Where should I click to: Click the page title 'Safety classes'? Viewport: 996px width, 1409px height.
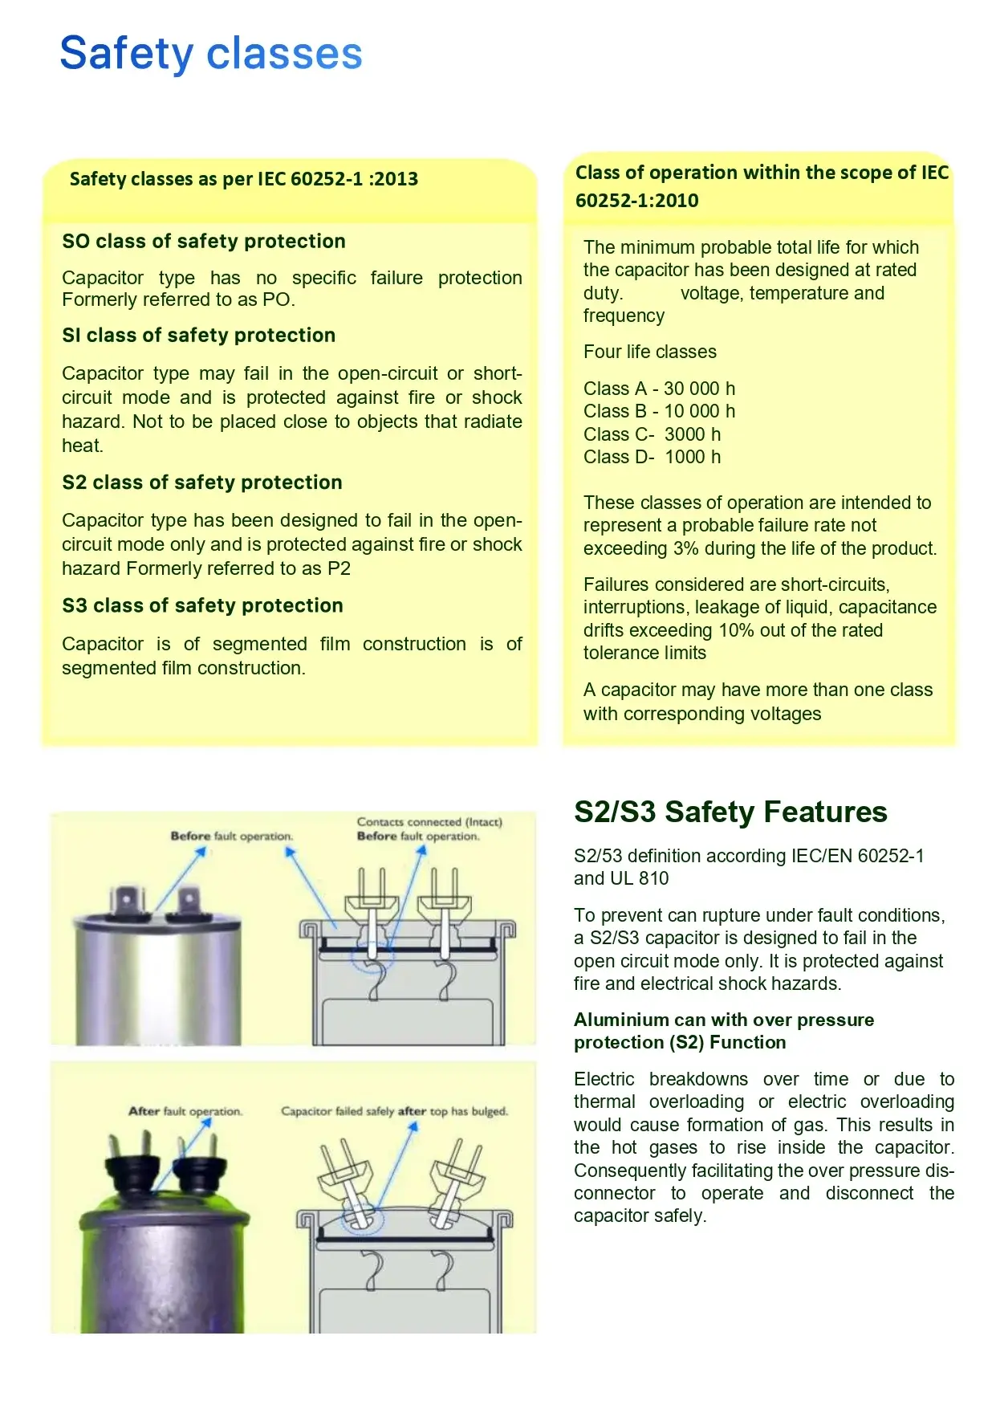pos(211,54)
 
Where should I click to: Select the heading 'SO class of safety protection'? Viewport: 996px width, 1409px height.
pos(204,242)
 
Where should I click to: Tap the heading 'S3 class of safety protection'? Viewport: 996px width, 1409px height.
pos(202,606)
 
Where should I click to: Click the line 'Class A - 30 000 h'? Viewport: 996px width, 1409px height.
pos(659,389)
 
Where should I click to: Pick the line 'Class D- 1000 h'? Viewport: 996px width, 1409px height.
pos(652,458)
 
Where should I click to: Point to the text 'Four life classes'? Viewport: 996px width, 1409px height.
pos(649,352)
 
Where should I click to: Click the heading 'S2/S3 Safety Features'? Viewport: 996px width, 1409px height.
pos(730,812)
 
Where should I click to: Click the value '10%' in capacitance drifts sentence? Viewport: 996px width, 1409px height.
pos(736,631)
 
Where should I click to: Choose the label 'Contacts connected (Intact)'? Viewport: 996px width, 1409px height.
pos(429,822)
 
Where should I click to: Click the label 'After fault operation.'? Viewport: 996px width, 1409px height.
pos(185,1112)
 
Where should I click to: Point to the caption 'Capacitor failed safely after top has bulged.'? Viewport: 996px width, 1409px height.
pos(394,1112)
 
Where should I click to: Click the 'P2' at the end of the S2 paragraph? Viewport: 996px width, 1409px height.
pos(339,569)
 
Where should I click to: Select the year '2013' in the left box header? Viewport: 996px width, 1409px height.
pos(396,179)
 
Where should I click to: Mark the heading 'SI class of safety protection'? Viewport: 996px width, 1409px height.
pos(198,336)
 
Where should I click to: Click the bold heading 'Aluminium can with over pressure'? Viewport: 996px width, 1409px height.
pos(723,1020)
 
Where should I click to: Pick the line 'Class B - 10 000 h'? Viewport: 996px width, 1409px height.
pos(659,412)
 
